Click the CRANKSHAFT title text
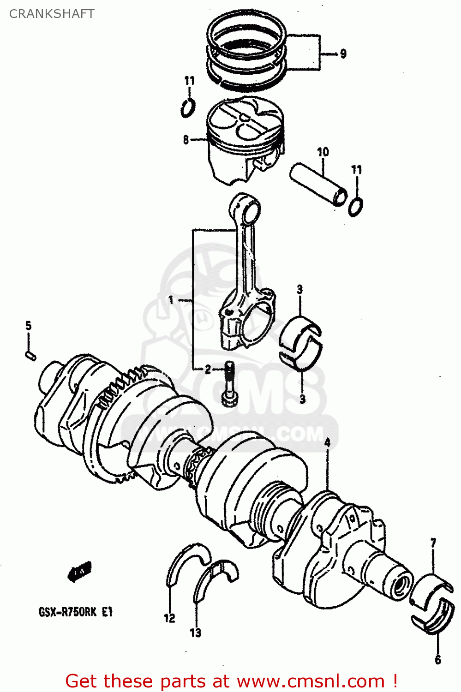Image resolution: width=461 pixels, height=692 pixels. [x=52, y=14]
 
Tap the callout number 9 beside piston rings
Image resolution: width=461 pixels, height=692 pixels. [x=343, y=54]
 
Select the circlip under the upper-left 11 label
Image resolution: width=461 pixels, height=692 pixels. [x=187, y=108]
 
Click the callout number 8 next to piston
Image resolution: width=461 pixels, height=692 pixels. [x=186, y=139]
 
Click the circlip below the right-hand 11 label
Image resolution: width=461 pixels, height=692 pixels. [x=355, y=206]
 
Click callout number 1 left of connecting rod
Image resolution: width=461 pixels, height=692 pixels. [x=171, y=300]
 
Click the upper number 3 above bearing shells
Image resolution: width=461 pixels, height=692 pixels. [x=300, y=289]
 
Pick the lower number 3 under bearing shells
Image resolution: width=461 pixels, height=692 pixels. [x=302, y=399]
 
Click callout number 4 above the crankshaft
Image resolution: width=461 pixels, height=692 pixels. [x=327, y=443]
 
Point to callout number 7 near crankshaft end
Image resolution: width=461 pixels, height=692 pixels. [x=433, y=543]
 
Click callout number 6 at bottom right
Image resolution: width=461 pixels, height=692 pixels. [x=437, y=660]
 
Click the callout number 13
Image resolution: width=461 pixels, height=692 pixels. [x=195, y=632]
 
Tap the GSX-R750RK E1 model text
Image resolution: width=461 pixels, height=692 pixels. [x=75, y=612]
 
